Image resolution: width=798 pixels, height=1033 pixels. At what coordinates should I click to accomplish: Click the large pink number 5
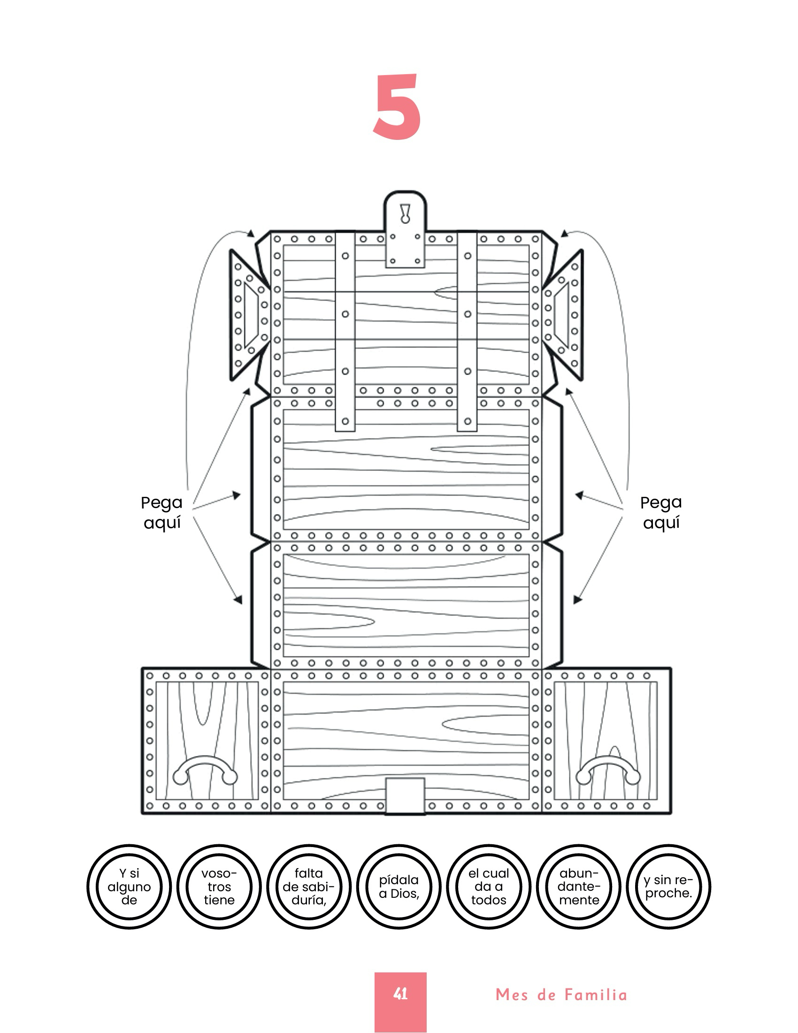tap(397, 107)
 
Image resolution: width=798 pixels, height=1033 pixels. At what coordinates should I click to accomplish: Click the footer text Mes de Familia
tap(561, 994)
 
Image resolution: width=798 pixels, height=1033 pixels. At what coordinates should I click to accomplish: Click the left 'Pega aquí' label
tap(161, 513)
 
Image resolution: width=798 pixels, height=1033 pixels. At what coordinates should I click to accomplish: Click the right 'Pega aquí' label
tap(661, 513)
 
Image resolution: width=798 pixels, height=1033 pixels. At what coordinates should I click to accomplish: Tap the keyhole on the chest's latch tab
tap(405, 213)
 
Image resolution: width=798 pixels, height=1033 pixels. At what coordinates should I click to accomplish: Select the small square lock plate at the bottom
tap(405, 795)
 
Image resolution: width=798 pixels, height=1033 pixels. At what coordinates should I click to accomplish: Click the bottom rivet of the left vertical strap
tap(345, 421)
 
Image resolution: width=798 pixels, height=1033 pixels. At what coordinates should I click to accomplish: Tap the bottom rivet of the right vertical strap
tap(468, 421)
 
